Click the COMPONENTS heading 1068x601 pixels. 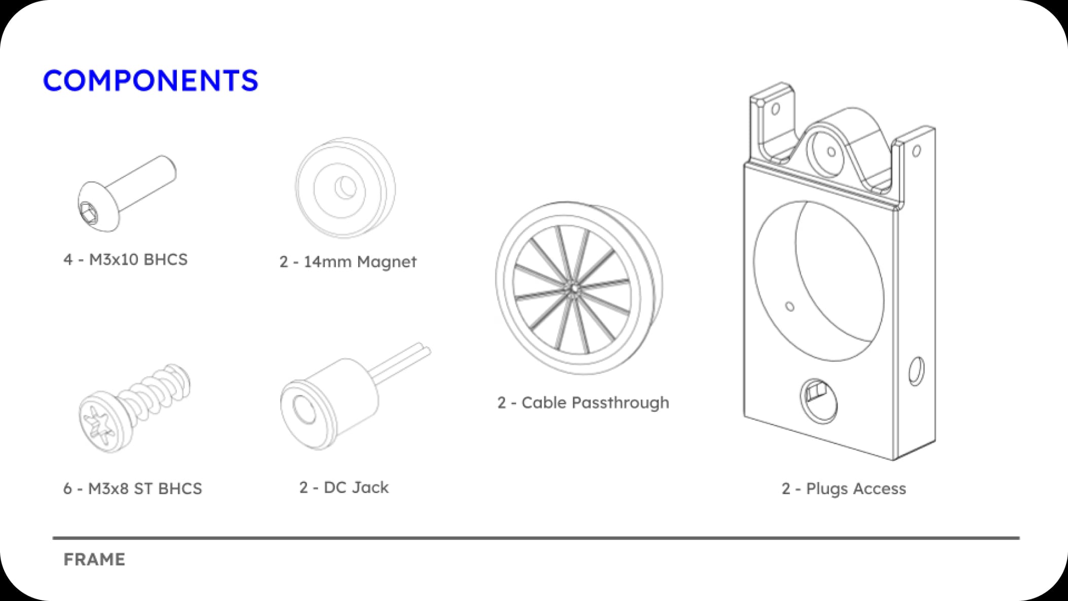150,81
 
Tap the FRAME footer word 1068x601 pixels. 94,559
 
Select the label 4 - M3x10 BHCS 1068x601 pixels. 125,259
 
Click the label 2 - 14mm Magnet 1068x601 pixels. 348,261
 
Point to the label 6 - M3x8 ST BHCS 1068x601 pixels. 132,489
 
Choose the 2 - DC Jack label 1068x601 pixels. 344,487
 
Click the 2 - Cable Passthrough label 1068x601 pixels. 583,402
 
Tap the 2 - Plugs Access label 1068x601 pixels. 844,489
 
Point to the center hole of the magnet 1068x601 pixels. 347,187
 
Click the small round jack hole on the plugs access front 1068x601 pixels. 818,401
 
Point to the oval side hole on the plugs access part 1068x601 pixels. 916,371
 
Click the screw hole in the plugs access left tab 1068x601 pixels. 775,109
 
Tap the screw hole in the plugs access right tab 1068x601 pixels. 916,151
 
